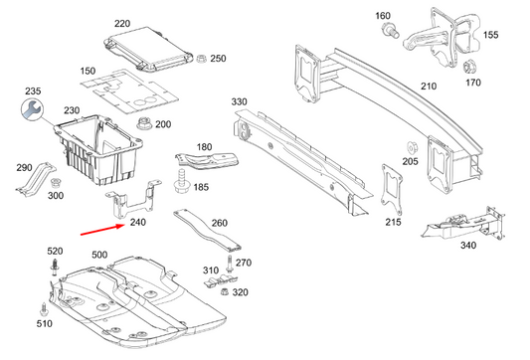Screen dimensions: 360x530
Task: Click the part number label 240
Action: click(138, 224)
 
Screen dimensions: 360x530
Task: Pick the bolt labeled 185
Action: click(181, 182)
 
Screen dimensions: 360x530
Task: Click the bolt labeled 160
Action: click(387, 33)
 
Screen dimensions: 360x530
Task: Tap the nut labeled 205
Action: click(410, 147)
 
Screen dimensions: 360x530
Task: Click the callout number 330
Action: click(239, 102)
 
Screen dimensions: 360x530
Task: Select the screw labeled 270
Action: click(231, 264)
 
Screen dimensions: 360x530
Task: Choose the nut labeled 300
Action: click(56, 184)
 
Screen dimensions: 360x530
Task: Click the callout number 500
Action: click(99, 256)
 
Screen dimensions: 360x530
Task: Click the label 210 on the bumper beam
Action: click(429, 87)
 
